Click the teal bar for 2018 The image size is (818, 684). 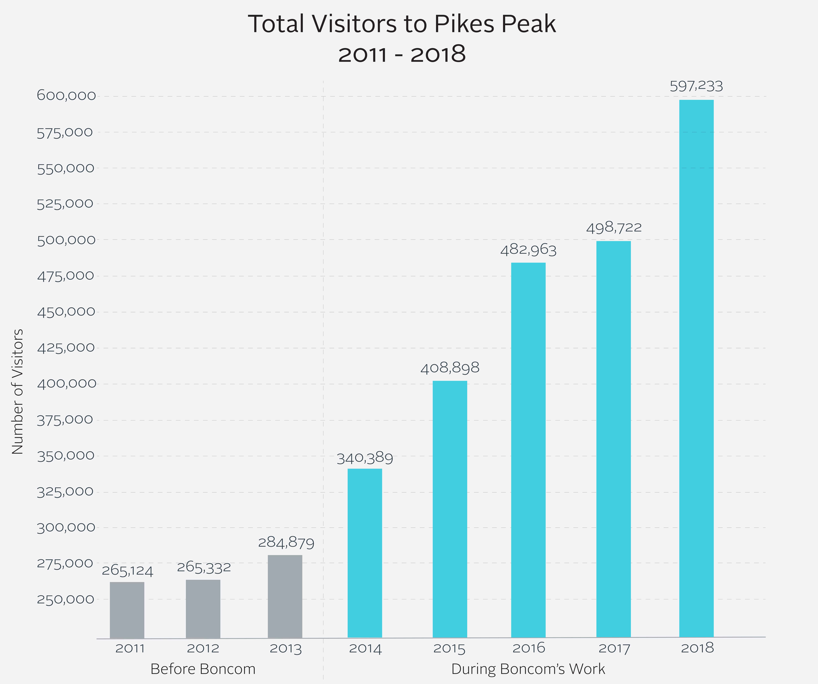(696, 369)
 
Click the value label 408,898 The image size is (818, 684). (450, 368)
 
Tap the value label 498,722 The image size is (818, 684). (614, 227)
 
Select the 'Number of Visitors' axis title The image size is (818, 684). (17, 391)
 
